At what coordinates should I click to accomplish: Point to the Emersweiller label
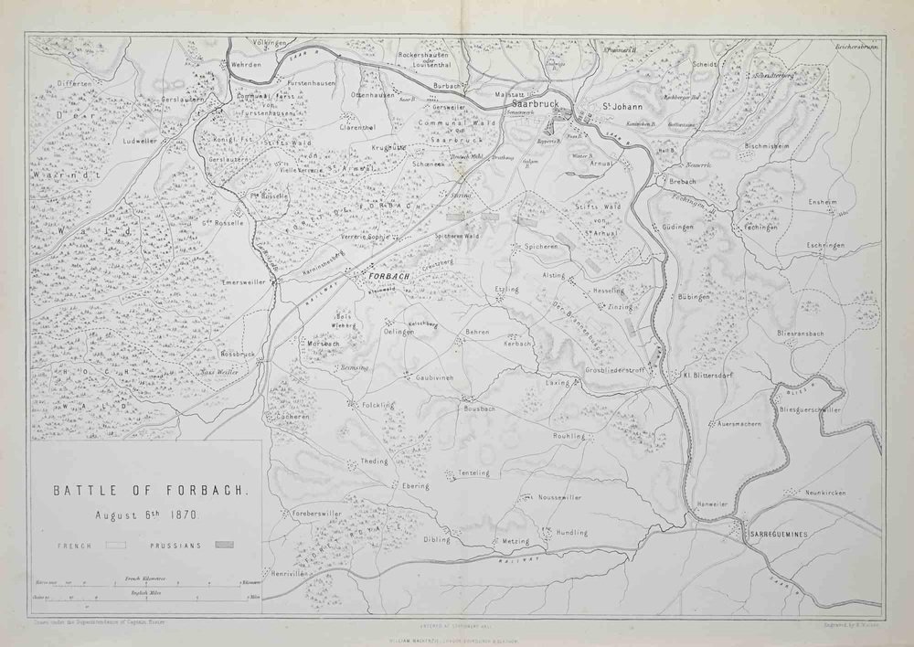pos(243,283)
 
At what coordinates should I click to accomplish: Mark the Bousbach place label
pos(479,408)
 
